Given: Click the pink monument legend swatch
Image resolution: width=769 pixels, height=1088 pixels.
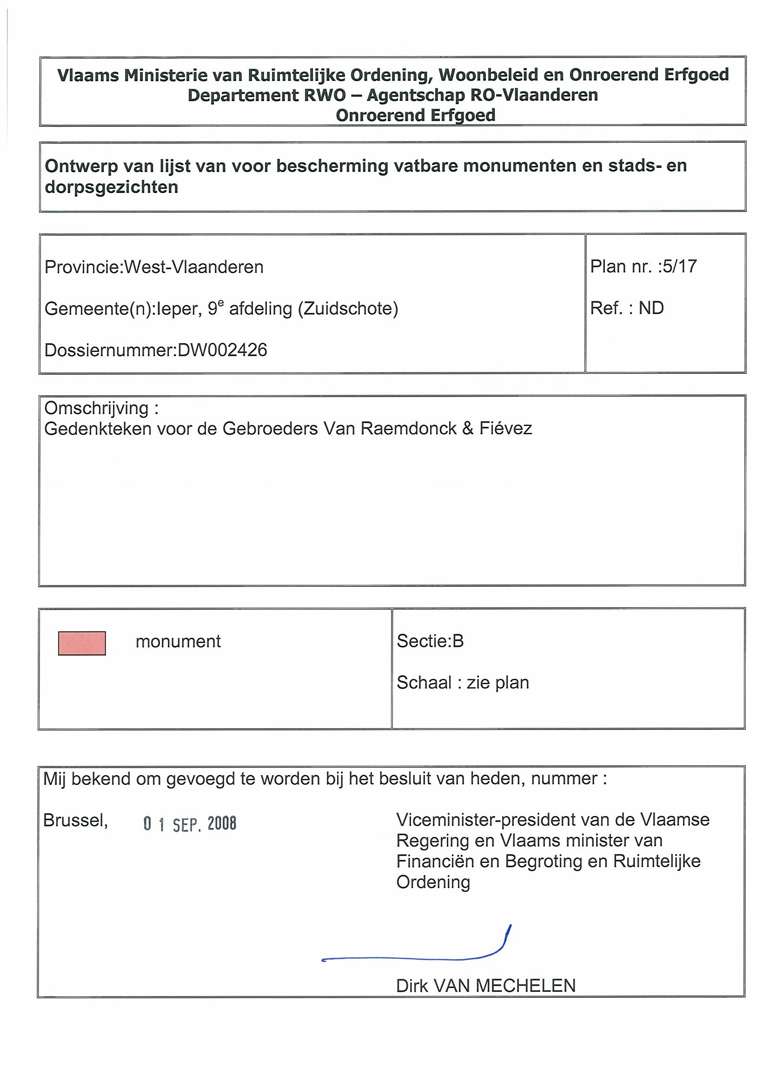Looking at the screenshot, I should pos(82,643).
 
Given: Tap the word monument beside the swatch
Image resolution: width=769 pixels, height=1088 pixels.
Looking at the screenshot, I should pos(178,642).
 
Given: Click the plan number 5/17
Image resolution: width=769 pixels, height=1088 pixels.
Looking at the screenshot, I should pos(679,266).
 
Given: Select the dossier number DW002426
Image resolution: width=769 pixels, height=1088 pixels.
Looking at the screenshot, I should pos(222,350).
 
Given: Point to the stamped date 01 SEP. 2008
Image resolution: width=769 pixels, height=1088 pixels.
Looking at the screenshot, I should pos(190,823).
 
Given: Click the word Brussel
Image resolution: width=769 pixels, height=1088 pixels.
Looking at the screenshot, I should pos(75,820).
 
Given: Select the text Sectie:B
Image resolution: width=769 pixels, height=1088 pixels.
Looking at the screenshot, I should pos(430,641).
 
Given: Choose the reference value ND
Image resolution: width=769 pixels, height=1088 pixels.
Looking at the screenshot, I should pos(651,308).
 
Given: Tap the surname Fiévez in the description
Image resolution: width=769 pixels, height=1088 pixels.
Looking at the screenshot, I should pos(505,429).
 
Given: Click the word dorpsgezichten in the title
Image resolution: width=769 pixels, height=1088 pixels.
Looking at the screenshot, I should pos(111,187).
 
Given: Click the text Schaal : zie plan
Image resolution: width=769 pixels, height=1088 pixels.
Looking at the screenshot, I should pos(463,683).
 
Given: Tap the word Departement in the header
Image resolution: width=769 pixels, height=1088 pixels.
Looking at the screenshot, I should pos(243,95).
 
